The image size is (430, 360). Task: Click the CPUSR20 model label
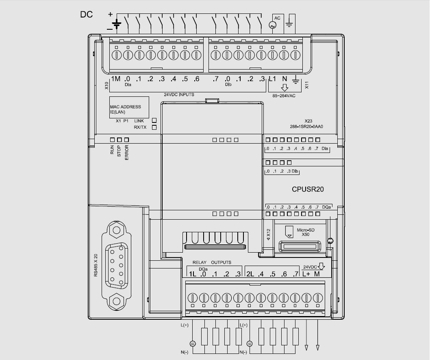(x=308, y=189)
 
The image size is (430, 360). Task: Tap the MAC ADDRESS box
(x=128, y=108)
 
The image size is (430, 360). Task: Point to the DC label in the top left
(x=86, y=15)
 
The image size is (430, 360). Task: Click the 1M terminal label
(x=115, y=79)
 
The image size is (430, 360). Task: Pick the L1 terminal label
(x=272, y=79)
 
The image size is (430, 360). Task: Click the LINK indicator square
(x=154, y=120)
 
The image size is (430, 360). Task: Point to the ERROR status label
(x=126, y=153)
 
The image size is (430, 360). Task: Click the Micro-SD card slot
(x=300, y=247)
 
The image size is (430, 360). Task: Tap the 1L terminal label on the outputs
(x=192, y=274)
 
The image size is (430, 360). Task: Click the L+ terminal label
(x=306, y=274)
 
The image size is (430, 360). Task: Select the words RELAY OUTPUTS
(x=212, y=262)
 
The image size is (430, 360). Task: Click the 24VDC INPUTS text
(x=179, y=94)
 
